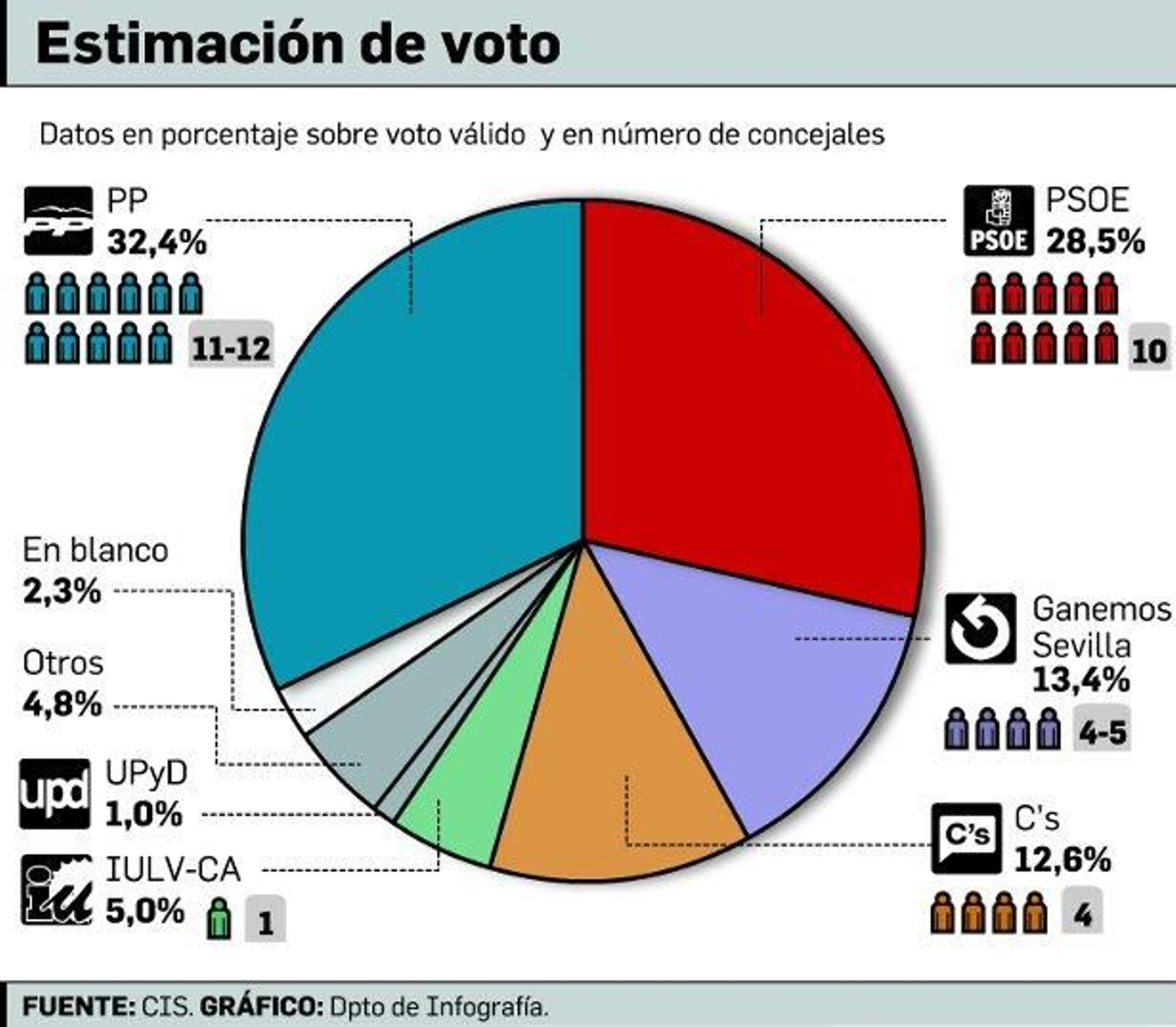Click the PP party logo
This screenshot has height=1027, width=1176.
pyautogui.click(x=59, y=221)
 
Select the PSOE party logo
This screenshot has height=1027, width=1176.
pyautogui.click(x=998, y=221)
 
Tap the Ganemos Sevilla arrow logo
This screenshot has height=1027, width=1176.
pyautogui.click(x=980, y=628)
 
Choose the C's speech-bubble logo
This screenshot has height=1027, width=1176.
pyautogui.click(x=967, y=837)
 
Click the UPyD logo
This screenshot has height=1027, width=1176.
pyautogui.click(x=55, y=794)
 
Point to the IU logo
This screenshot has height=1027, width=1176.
pyautogui.click(x=57, y=889)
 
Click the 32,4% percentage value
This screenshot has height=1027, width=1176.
pyautogui.click(x=157, y=242)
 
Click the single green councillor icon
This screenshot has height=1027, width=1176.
pyautogui.click(x=219, y=919)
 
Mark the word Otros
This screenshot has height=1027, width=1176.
pyautogui.click(x=63, y=663)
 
